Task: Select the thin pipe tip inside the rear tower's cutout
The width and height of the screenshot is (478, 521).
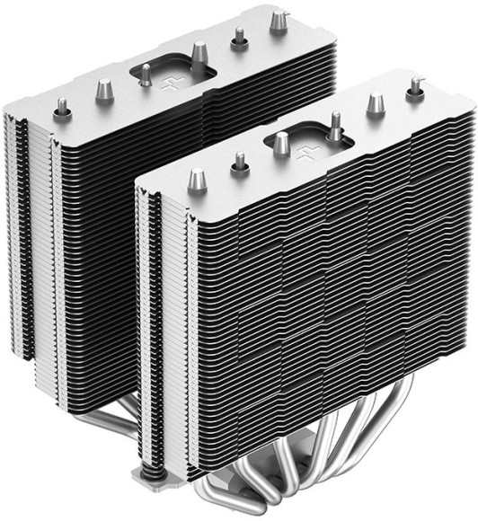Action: (x=144, y=76)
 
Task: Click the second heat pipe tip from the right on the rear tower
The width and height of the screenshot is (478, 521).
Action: (x=240, y=37)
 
